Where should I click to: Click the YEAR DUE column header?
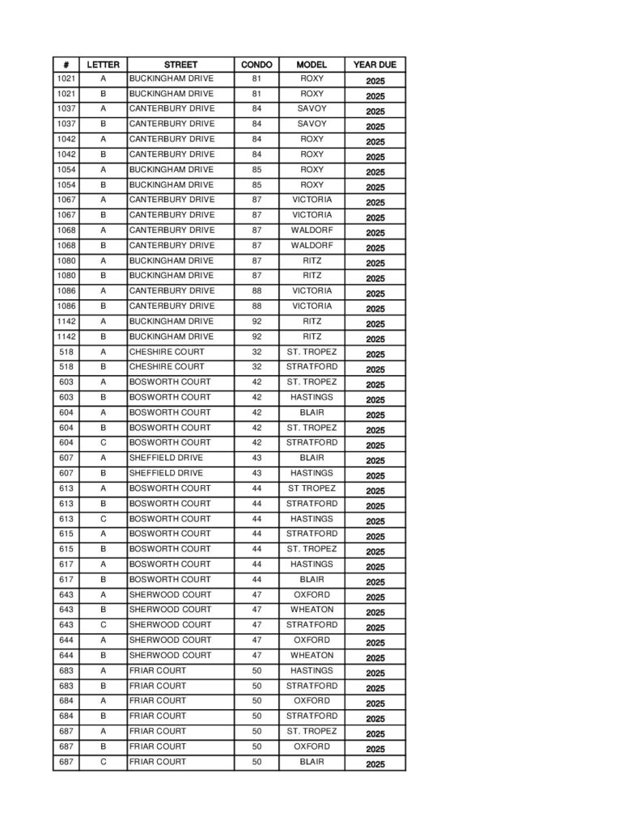coord(375,65)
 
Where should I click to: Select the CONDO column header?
coord(256,65)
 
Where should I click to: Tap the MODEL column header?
coord(312,65)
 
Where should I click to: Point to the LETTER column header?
coord(103,65)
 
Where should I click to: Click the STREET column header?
coord(180,65)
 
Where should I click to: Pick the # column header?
coord(66,65)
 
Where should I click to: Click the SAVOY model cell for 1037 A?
coord(312,108)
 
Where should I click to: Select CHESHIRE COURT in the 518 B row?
coord(167,367)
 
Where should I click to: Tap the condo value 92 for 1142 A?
coord(256,321)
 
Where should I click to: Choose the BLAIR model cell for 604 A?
coord(312,412)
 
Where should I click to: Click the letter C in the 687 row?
coord(103,762)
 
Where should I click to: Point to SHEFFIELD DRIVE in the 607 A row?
coord(166,458)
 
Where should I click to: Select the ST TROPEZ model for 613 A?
coord(312,488)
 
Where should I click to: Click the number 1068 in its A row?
coord(66,230)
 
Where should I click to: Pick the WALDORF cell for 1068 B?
coord(312,245)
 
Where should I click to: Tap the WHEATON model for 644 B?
coord(312,655)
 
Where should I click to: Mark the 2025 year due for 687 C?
coord(375,764)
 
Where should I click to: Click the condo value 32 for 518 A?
coord(256,352)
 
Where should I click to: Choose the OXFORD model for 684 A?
coord(312,701)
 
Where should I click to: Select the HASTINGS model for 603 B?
coord(312,397)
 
